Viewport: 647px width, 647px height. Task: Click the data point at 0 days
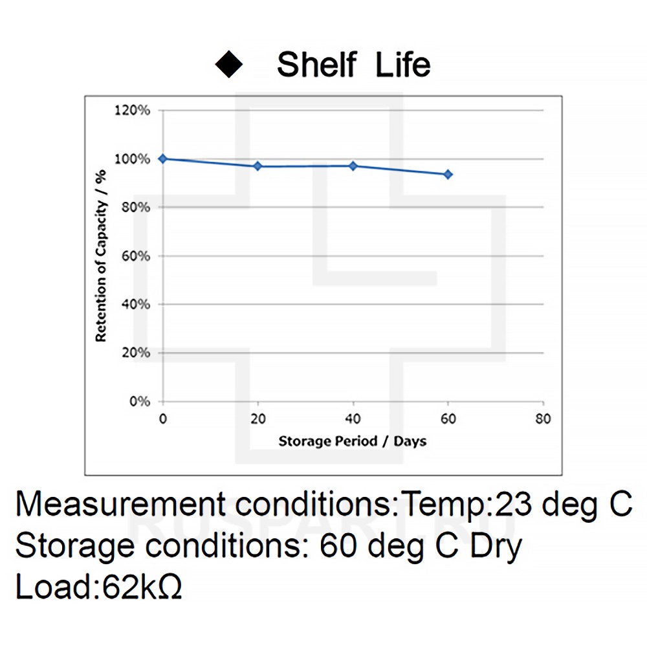click(x=162, y=159)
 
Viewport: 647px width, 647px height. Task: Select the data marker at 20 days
click(x=258, y=166)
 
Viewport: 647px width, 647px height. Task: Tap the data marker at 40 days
click(x=353, y=166)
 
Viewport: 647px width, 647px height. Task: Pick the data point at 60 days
click(x=448, y=174)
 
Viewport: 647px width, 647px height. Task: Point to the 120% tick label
click(x=132, y=111)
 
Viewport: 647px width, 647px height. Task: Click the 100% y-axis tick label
click(x=132, y=159)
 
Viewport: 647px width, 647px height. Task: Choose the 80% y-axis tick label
click(x=135, y=208)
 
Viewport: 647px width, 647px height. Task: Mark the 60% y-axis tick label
click(x=135, y=256)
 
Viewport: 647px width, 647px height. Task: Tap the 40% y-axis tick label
click(x=135, y=304)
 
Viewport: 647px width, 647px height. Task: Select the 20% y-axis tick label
click(x=135, y=353)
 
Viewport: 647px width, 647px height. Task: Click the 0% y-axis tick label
click(x=138, y=401)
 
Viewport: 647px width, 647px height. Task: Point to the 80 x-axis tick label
click(x=543, y=419)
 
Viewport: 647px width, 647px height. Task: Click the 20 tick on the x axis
click(x=258, y=419)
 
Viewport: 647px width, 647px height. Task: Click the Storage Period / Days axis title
click(x=353, y=441)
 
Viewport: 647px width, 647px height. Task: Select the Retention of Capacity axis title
click(x=101, y=255)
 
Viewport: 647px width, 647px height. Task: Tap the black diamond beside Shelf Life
click(x=229, y=65)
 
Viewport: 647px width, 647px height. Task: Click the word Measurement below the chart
click(x=120, y=504)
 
